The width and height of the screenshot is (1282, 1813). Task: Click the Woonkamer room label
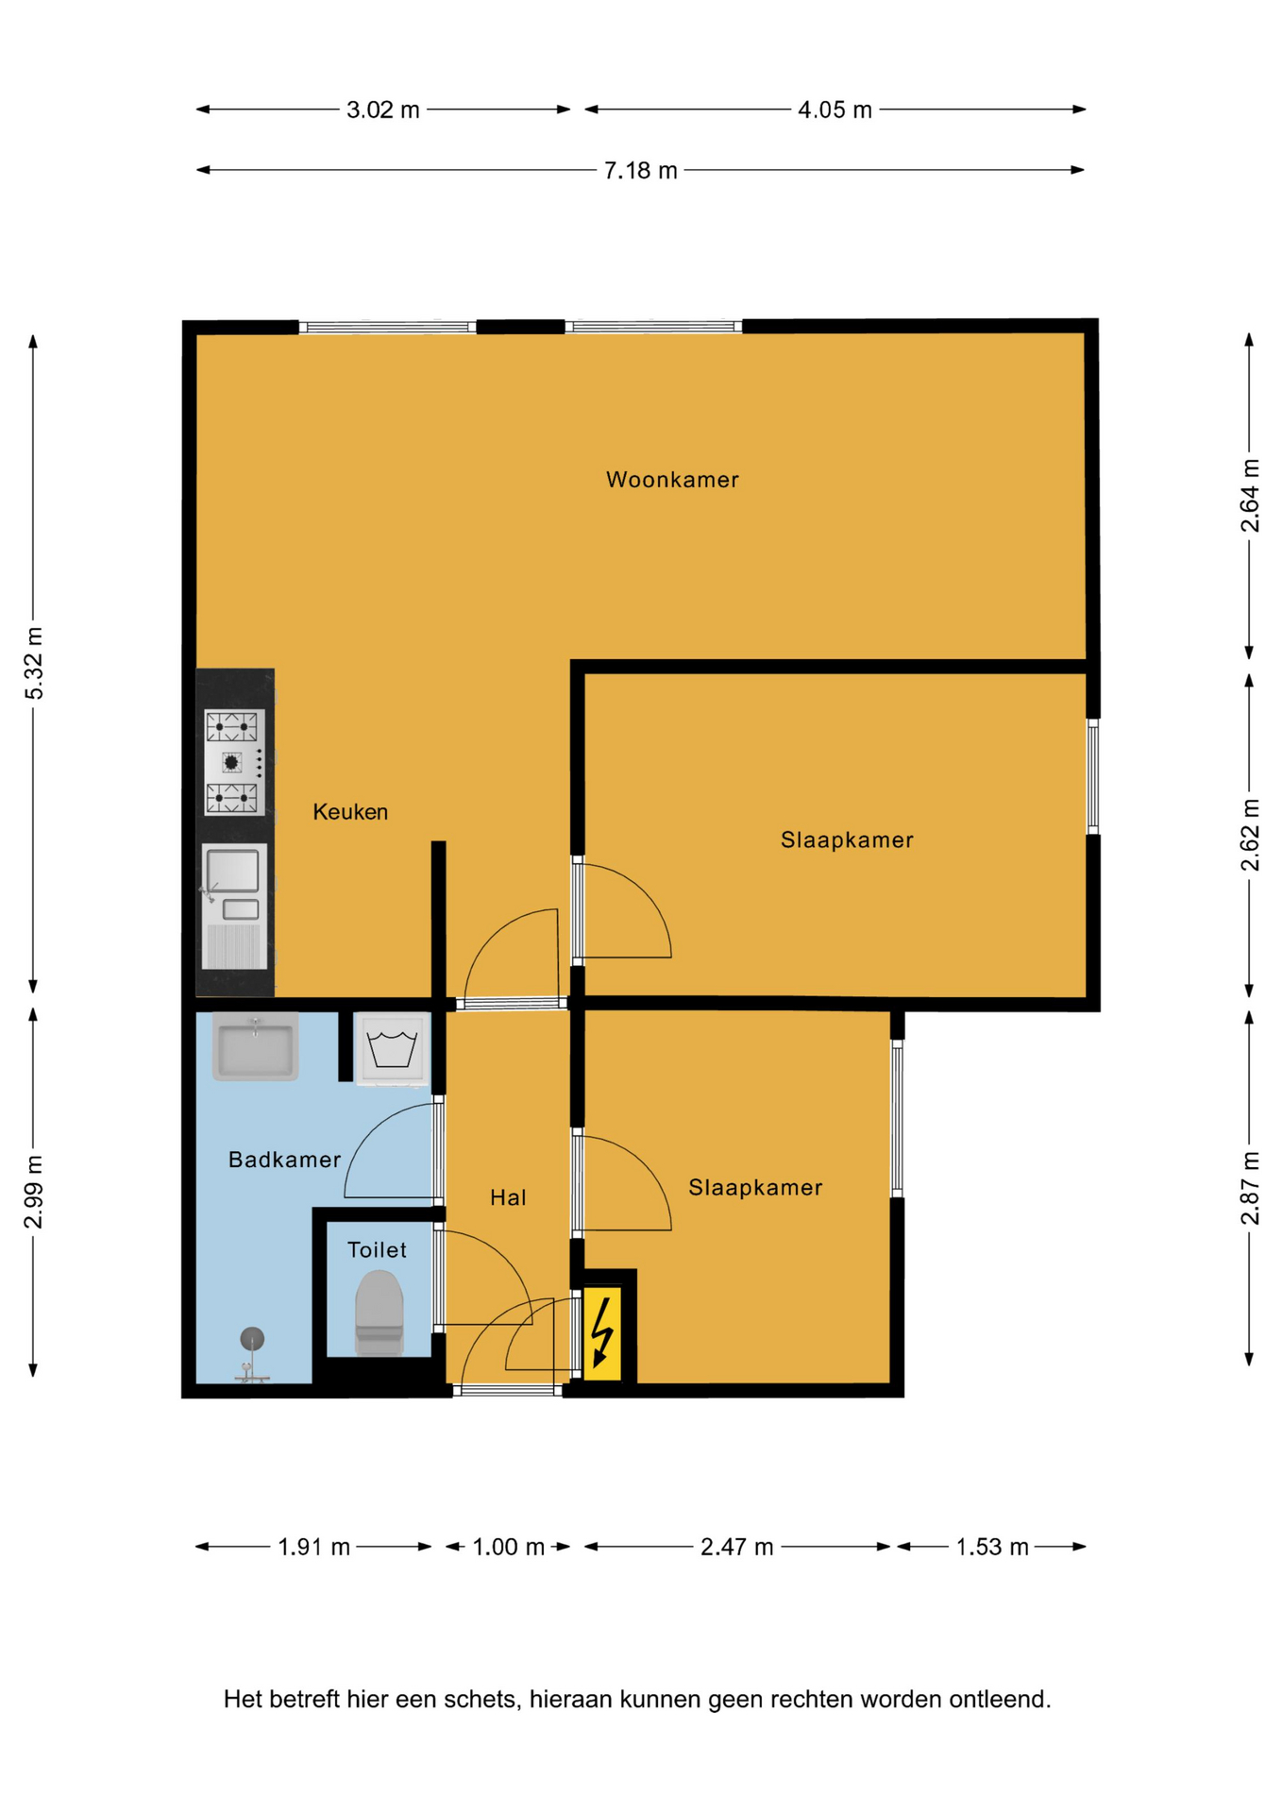click(672, 480)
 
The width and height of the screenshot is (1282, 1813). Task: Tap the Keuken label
click(350, 812)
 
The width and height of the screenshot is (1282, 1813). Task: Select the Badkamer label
click(284, 1160)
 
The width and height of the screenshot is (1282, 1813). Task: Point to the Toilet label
click(377, 1250)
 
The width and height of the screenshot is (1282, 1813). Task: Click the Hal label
click(508, 1198)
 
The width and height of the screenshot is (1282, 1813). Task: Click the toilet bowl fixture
click(380, 1313)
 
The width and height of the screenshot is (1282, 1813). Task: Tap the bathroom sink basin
click(255, 1046)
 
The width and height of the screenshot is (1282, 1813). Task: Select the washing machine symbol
click(392, 1049)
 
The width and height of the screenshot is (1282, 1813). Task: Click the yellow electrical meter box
click(602, 1333)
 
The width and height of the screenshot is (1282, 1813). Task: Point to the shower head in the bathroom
click(252, 1338)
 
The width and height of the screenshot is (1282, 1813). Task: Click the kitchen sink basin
click(232, 870)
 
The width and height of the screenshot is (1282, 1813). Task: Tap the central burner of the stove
click(231, 762)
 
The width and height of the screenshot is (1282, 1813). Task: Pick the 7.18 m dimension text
click(640, 171)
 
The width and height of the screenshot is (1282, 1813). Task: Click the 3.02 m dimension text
click(382, 110)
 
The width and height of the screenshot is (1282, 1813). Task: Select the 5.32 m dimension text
click(34, 663)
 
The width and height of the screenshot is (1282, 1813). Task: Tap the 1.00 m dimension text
click(508, 1547)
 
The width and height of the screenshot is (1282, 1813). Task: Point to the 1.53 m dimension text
click(991, 1547)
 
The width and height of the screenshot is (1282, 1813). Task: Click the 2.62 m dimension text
click(1250, 836)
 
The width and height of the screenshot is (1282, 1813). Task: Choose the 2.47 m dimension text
click(736, 1547)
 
